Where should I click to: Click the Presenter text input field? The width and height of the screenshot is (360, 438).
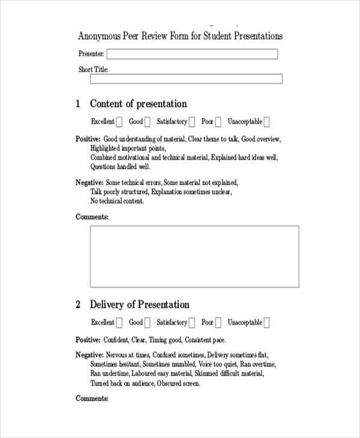pos(192,54)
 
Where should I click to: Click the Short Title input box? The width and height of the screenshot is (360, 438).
pos(186,79)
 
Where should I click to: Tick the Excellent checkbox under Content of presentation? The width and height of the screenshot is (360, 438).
pos(119,122)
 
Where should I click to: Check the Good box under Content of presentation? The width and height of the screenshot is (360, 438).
pos(148,122)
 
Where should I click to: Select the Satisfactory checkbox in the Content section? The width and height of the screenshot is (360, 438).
pos(192,122)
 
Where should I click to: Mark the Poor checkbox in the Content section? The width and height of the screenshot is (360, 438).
pos(218,122)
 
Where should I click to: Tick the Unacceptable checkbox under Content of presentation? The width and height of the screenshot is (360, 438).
pos(267,122)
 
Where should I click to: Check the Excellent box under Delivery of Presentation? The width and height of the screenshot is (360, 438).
pos(119,323)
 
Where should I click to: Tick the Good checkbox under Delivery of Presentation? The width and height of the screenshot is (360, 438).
pos(148,323)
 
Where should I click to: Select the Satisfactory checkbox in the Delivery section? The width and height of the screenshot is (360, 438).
pos(192,323)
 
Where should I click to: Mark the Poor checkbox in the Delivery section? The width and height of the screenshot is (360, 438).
pos(218,323)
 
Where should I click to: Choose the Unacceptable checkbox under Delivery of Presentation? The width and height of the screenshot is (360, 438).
pos(267,323)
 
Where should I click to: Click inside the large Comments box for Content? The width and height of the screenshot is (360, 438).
pos(194,256)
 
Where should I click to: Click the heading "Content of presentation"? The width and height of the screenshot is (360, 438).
pos(138,104)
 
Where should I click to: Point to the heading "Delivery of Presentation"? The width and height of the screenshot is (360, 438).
pos(139,305)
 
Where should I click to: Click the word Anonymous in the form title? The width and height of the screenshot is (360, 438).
pos(100,36)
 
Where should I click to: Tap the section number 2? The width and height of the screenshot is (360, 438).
pos(78,305)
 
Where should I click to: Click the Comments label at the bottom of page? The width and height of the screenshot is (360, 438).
pos(92,398)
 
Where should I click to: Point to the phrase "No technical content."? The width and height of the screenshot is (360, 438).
pos(117,202)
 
